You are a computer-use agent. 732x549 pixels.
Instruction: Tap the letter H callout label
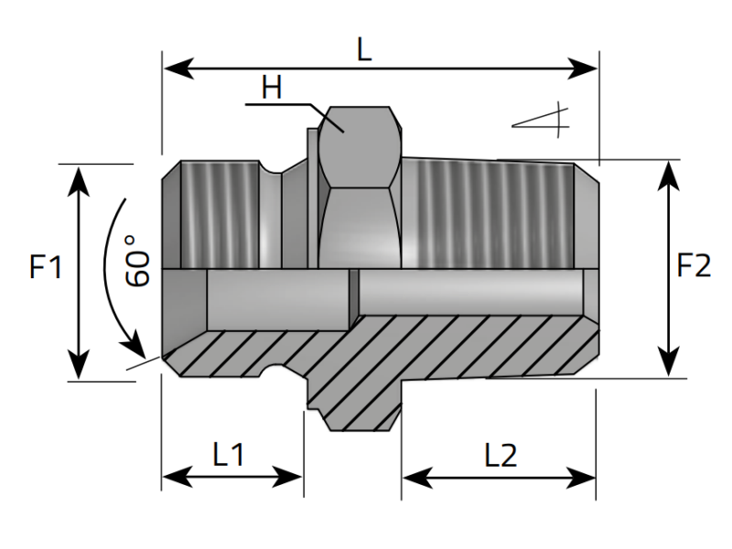click(x=272, y=89)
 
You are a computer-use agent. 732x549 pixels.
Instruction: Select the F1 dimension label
click(x=46, y=268)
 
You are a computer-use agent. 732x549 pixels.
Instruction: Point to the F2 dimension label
click(x=694, y=266)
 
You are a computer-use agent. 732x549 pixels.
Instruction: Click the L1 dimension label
click(x=228, y=455)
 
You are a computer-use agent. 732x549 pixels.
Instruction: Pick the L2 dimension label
click(x=501, y=455)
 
